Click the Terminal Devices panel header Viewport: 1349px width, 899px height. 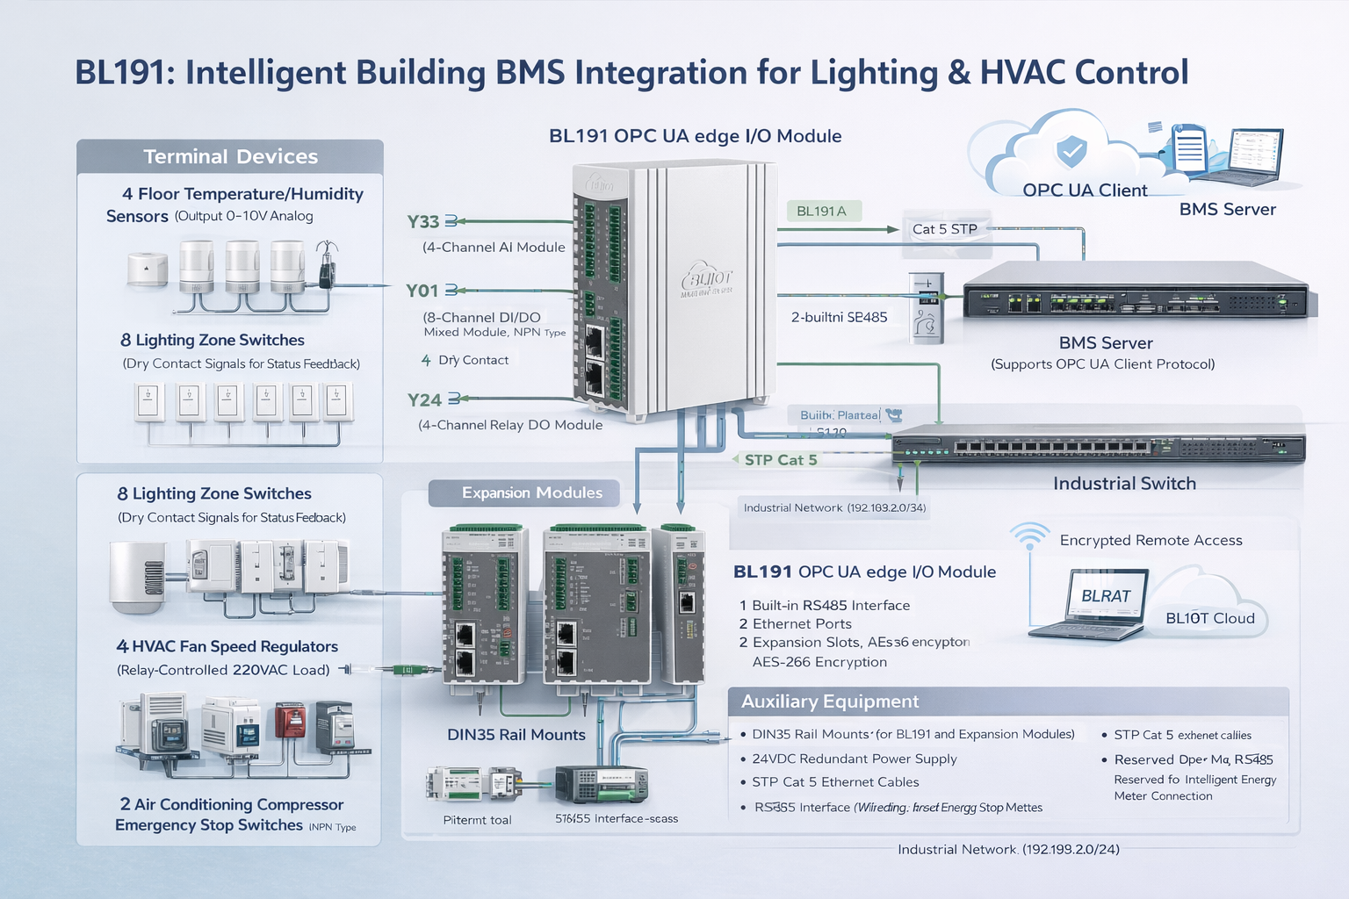point(230,156)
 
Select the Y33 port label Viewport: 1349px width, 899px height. point(423,222)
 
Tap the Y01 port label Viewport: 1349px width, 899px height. point(422,291)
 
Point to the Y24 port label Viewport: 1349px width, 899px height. point(424,400)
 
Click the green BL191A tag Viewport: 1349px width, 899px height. point(822,211)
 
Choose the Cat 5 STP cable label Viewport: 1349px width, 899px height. point(944,229)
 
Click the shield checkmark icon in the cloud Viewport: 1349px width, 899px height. point(1071,151)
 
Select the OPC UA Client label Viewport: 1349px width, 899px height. point(1085,191)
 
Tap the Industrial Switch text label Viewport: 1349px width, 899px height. point(1124,484)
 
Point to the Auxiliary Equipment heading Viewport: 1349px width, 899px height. point(830,701)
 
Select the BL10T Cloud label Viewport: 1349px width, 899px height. point(1209,618)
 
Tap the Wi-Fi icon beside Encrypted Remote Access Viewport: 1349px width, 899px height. point(1029,536)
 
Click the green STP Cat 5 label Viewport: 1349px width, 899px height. point(780,460)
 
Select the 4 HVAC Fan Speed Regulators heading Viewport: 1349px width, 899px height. point(227,647)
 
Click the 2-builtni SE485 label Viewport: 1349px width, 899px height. point(839,318)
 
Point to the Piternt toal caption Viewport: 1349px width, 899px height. point(477,820)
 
